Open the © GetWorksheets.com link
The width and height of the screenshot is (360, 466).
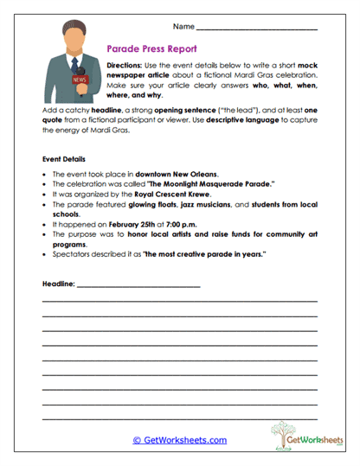179,440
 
